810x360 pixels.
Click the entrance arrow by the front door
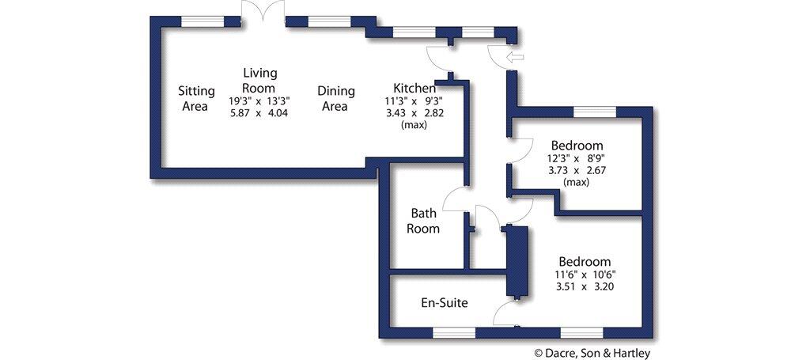514,56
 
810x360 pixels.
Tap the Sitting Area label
195,98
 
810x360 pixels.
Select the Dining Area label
336,98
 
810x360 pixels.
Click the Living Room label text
259,80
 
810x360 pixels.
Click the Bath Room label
424,221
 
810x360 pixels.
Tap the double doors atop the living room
263,11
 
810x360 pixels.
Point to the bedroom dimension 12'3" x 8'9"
577,158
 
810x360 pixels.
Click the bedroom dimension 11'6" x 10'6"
585,275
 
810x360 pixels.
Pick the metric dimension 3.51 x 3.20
585,286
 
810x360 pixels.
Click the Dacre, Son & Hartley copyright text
592,353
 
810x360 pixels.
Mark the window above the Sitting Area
201,21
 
